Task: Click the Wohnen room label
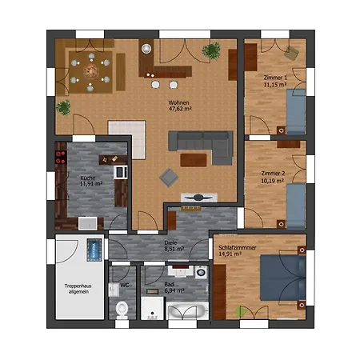178,102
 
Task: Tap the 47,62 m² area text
180,109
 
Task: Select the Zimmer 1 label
275,78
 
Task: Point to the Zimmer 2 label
273,174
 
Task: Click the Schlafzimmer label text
238,248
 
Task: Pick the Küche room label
88,178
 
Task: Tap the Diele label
170,242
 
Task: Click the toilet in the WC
122,310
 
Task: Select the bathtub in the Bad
187,311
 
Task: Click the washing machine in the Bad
201,272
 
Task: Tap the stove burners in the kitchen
61,157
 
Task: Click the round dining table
91,71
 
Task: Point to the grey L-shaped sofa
201,147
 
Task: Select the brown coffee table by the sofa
194,160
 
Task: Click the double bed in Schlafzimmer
283,278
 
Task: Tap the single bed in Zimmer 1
296,111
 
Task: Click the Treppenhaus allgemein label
78,289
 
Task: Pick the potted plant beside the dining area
63,108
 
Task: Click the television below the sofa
199,198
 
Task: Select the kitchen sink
88,223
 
